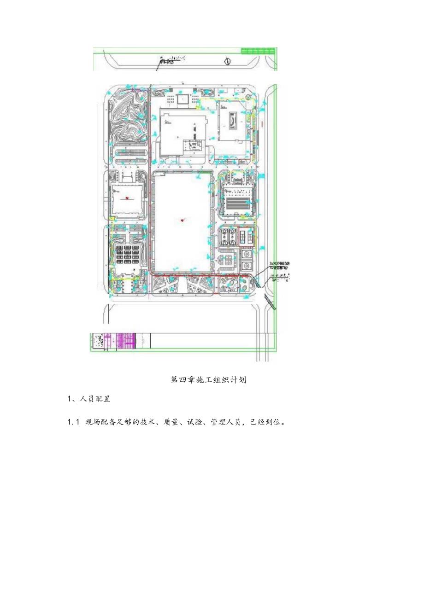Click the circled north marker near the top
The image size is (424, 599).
point(227,61)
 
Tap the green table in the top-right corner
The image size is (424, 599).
point(259,51)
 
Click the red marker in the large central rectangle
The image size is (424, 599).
point(183,221)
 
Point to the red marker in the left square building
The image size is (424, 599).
point(128,198)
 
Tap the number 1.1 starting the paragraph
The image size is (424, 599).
point(74,422)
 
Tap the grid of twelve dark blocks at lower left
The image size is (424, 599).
point(129,254)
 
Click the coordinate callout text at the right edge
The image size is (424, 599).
point(280,264)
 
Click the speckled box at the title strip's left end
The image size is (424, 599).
point(98,342)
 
